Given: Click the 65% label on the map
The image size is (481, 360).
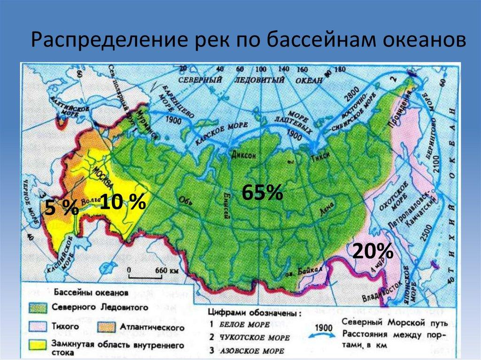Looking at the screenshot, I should click(x=262, y=193).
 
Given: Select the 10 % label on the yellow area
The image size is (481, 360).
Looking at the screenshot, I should click(x=122, y=202).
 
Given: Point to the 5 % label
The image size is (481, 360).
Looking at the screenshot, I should click(x=61, y=207).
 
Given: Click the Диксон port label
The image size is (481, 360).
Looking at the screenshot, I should click(x=243, y=156).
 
